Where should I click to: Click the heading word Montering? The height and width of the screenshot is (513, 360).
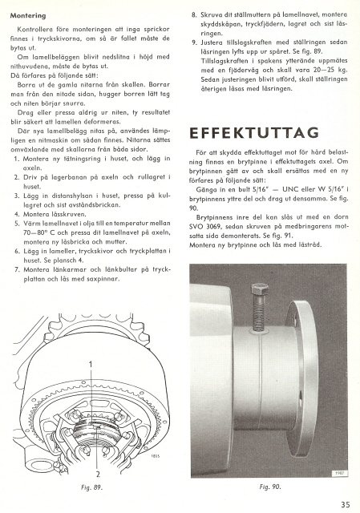click(x=28, y=16)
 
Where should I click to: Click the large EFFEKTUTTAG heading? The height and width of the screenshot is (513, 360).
click(x=254, y=133)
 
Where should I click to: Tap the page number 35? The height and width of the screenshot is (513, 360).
click(x=346, y=504)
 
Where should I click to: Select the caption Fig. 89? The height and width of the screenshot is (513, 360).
click(x=91, y=487)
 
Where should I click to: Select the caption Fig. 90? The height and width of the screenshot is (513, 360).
click(x=270, y=487)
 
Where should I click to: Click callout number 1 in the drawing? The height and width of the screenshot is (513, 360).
click(x=91, y=364)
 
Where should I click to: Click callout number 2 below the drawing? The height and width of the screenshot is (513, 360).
click(x=98, y=474)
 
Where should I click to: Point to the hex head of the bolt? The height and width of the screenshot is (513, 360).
click(x=260, y=289)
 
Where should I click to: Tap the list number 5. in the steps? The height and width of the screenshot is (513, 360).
click(x=17, y=224)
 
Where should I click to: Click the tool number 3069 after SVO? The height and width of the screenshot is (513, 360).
click(x=208, y=226)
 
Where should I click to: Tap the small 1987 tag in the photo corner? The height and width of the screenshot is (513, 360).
click(x=339, y=474)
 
